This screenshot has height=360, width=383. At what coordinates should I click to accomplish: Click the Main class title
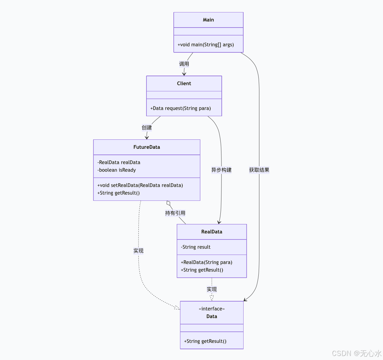(x=208, y=20)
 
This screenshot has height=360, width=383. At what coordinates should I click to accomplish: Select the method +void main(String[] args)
(x=206, y=45)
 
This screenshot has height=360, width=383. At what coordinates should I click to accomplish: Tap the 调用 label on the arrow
(x=184, y=64)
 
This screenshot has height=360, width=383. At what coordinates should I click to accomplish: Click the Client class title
(x=184, y=84)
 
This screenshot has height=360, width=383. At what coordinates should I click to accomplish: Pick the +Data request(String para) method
(x=181, y=108)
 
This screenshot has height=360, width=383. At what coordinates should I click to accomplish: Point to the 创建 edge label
(x=147, y=128)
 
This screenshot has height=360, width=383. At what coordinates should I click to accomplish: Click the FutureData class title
(x=147, y=147)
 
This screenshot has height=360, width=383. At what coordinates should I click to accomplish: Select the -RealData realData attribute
(x=119, y=162)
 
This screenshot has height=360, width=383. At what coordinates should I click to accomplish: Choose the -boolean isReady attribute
(x=117, y=170)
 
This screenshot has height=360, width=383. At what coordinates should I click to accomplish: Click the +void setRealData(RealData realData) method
(x=140, y=185)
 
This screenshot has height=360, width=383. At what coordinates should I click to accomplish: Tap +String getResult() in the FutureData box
(x=119, y=193)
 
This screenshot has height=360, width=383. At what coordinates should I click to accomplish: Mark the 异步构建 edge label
(x=221, y=170)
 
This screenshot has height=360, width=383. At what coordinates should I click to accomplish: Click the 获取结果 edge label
(x=259, y=170)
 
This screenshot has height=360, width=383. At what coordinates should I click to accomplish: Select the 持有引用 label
(x=175, y=213)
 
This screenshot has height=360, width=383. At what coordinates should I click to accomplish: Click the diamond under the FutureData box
(x=169, y=203)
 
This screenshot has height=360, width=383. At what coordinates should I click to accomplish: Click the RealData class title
(x=212, y=232)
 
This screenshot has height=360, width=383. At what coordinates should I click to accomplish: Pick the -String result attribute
(x=196, y=247)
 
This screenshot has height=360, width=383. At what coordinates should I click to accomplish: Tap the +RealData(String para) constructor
(x=207, y=262)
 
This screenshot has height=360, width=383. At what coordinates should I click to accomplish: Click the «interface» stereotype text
(x=212, y=309)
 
